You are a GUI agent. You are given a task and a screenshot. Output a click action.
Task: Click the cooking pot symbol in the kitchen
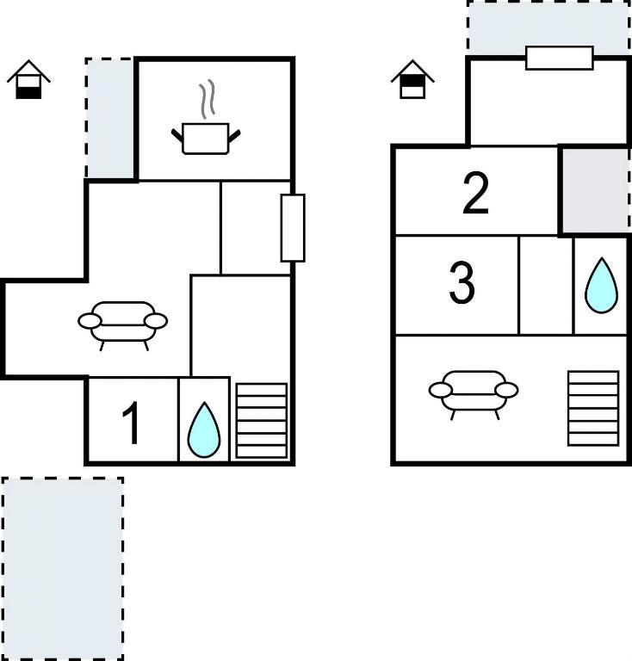pyautogui.click(x=206, y=139)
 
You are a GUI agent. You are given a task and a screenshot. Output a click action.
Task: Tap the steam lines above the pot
pyautogui.click(x=207, y=99)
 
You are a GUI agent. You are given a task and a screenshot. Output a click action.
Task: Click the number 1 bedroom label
pyautogui.click(x=131, y=423)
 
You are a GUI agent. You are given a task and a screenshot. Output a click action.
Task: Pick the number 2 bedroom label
pyautogui.click(x=475, y=194)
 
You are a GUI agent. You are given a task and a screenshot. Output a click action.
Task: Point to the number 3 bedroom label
pyautogui.click(x=462, y=282)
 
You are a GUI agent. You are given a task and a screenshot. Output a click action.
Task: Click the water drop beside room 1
pyautogui.click(x=204, y=430)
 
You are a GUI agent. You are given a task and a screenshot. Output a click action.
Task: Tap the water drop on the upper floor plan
pyautogui.click(x=601, y=286)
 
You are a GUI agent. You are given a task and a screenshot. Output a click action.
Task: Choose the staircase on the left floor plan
pyautogui.click(x=262, y=420)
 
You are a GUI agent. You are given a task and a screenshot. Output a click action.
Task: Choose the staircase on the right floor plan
pyautogui.click(x=593, y=408)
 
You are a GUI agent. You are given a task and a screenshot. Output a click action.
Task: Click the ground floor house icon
pyautogui.click(x=28, y=80)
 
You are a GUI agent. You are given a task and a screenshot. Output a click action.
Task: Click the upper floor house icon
pyautogui.click(x=412, y=80)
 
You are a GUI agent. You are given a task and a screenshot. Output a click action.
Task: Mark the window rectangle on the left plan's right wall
pyautogui.click(x=293, y=227)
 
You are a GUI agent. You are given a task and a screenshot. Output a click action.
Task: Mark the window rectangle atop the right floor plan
pyautogui.click(x=560, y=59)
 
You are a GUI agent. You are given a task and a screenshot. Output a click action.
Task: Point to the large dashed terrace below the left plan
pyautogui.click(x=62, y=569)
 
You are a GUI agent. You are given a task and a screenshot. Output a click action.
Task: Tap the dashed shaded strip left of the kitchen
pyautogui.click(x=110, y=118)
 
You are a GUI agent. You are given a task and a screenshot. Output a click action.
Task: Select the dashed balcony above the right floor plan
pyautogui.click(x=548, y=28)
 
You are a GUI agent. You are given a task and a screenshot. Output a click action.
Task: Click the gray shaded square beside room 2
pyautogui.click(x=595, y=190)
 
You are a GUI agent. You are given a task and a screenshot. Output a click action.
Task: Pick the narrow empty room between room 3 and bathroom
pyautogui.click(x=546, y=286)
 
